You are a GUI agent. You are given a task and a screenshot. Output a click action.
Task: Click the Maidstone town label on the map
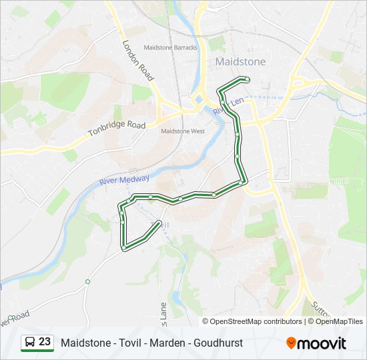pos(240,61)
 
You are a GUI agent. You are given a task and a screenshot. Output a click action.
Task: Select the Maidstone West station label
pos(183,131)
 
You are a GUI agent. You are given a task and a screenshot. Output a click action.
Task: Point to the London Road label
pos(138,60)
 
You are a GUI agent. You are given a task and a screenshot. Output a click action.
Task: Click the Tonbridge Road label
pos(117,129)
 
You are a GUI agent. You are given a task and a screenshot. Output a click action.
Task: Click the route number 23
pos(45,342)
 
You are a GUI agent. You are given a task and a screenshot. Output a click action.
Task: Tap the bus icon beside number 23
pos(31,342)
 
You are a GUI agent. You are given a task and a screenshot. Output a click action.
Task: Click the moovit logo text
pos(322,343)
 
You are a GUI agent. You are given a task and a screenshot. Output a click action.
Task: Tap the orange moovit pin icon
pos(291,343)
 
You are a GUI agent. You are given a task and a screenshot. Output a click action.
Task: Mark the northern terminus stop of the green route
pos(248,79)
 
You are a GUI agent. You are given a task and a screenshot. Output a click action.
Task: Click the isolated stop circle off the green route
pos(87,282)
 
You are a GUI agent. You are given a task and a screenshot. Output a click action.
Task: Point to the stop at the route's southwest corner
pos(123,248)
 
